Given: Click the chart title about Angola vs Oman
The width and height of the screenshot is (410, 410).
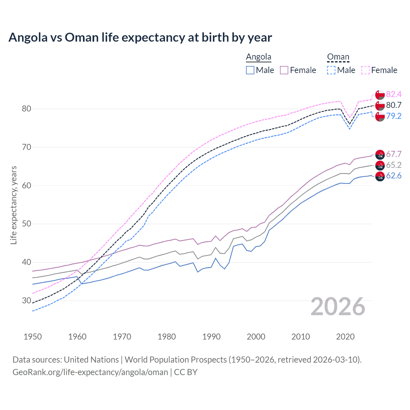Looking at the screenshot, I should click(140, 37).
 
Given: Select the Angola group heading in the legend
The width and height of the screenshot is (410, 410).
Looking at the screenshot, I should click(258, 57).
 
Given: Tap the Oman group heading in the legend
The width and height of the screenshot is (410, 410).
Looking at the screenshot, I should click(338, 57).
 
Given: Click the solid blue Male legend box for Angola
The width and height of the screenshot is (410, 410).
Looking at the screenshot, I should click(250, 70).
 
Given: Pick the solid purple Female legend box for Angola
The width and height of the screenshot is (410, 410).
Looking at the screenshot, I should click(284, 70).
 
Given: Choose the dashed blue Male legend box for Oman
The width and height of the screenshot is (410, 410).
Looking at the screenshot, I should click(332, 70).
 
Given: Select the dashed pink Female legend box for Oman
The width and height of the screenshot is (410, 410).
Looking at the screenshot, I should click(365, 70).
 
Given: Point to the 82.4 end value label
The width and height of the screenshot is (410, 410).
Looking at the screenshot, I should click(394, 94).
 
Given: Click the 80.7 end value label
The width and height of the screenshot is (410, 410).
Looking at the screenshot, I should click(394, 105).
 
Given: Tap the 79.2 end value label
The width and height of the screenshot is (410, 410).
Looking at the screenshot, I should click(394, 116).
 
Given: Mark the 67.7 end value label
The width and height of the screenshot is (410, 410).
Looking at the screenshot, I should click(394, 154).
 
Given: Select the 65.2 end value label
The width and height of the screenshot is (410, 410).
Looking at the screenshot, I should click(394, 165).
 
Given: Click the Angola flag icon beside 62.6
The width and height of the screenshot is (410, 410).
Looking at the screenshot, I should click(380, 176).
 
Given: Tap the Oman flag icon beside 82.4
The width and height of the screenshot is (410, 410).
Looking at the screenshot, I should click(380, 95).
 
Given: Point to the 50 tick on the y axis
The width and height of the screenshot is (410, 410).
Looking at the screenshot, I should click(27, 224).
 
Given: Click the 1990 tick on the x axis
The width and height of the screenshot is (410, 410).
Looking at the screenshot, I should click(211, 337).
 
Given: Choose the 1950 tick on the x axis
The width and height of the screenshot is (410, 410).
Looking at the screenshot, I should click(33, 337).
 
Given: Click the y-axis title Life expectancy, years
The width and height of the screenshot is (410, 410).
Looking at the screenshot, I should click(13, 205).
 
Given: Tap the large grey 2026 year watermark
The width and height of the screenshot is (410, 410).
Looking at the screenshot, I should click(338, 307).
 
